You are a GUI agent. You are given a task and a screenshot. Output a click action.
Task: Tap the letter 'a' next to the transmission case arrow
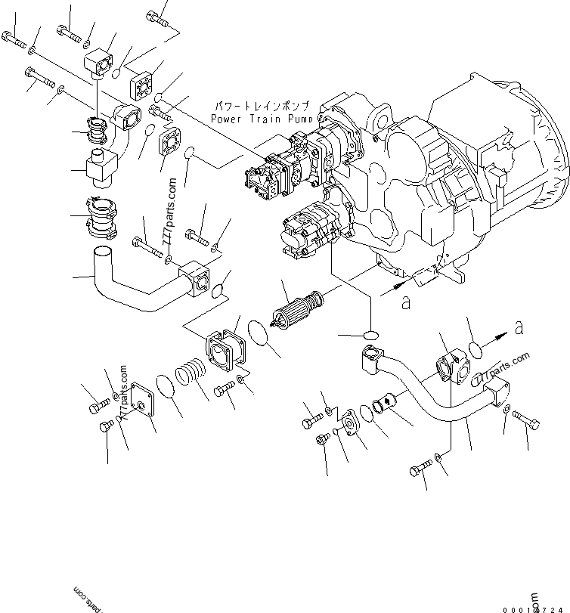(x=405, y=301)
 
